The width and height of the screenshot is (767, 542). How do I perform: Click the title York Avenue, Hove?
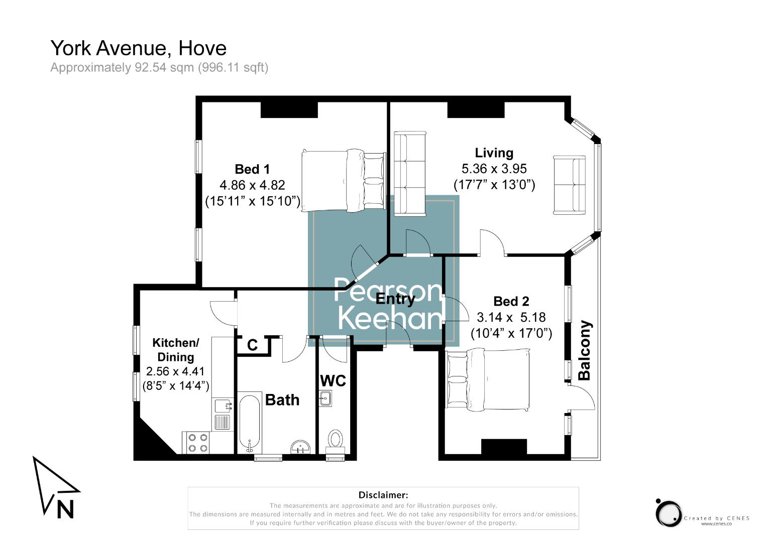[x=139, y=48]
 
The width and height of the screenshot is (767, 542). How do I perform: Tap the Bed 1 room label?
[x=252, y=169]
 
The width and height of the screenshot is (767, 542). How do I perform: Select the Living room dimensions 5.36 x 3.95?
[x=494, y=169]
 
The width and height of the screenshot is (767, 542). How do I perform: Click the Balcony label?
[x=585, y=350]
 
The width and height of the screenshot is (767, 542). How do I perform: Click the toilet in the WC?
[x=335, y=440]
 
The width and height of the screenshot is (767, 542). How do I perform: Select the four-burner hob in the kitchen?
[x=198, y=442]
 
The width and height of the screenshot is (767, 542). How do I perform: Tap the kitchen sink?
[x=222, y=405]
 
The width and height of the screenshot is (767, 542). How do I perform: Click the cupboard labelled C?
[x=253, y=345]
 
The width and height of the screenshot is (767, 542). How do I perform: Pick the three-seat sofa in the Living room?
[x=409, y=174]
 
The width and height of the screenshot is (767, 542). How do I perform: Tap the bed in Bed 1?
[x=343, y=180]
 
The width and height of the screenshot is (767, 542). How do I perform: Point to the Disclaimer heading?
[x=383, y=495]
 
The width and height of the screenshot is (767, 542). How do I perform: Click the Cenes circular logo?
[x=669, y=513]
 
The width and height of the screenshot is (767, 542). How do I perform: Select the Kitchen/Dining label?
[x=176, y=350]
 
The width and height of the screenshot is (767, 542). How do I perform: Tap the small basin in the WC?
[x=325, y=398]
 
